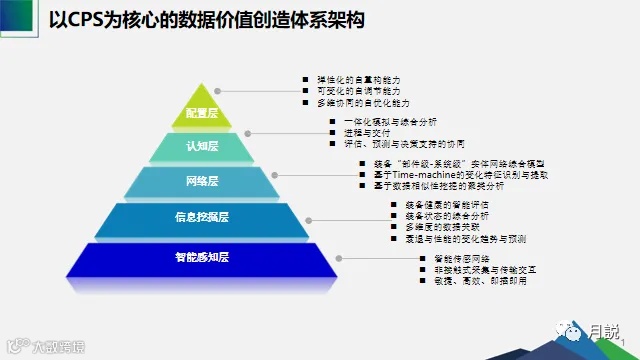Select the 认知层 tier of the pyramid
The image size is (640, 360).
pyautogui.click(x=202, y=148)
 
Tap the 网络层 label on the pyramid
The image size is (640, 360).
pyautogui.click(x=202, y=182)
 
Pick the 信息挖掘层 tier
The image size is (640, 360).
pyautogui.click(x=202, y=217)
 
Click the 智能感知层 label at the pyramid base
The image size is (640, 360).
pyautogui.click(x=202, y=257)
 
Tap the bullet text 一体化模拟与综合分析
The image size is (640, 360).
pyautogui.click(x=394, y=122)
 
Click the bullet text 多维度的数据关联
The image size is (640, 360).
pyautogui.click(x=441, y=228)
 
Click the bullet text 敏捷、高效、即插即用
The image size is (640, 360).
pyautogui.click(x=469, y=283)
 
